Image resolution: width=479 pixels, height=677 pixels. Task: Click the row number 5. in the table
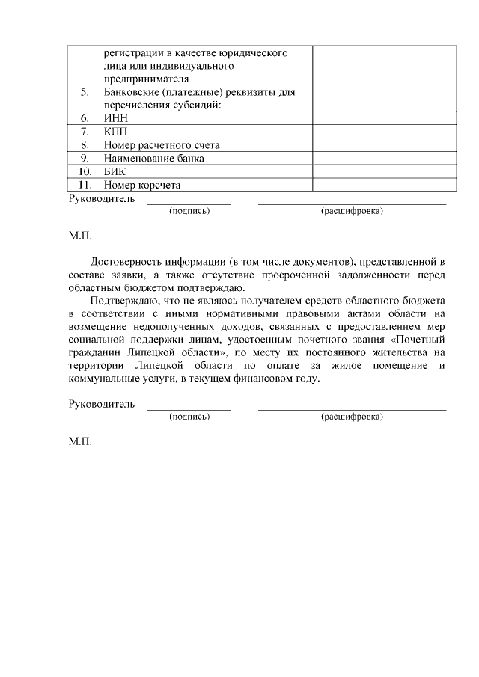[x=85, y=93]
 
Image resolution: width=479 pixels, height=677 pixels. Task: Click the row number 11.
[x=85, y=185]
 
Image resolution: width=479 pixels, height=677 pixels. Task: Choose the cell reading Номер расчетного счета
[x=162, y=145]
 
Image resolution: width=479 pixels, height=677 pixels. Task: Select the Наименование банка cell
[x=154, y=159]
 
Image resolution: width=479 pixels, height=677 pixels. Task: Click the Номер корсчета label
[x=142, y=185]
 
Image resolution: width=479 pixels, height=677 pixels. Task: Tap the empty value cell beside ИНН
[x=384, y=118]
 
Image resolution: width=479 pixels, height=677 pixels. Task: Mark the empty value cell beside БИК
[x=384, y=172]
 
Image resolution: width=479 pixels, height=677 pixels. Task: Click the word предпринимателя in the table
[x=146, y=79]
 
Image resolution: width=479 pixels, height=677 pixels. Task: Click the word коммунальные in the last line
[x=102, y=379]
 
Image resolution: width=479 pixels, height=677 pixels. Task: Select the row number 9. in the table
[x=85, y=159]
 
